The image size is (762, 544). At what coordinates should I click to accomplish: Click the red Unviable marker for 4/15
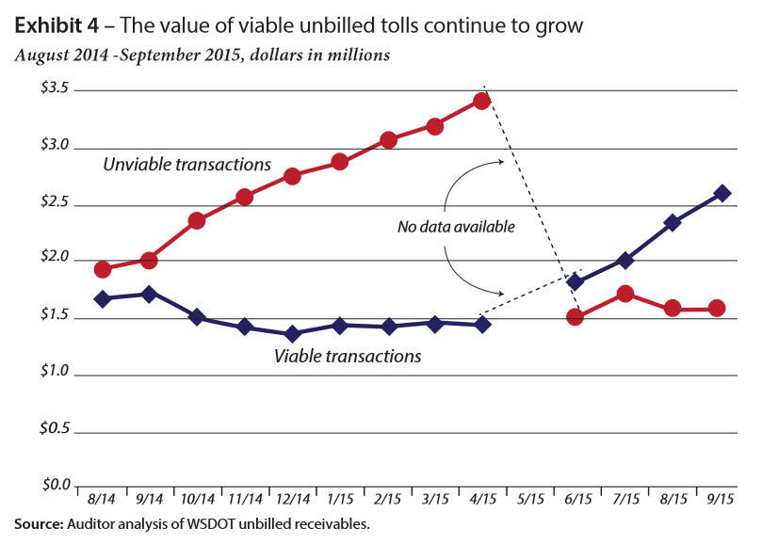coord(482,101)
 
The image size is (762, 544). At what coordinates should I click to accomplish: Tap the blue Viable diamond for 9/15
coord(722,193)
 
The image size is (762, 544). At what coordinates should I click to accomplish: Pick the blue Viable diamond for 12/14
coord(292,333)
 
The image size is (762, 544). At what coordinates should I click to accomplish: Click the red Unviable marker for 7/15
coord(625,295)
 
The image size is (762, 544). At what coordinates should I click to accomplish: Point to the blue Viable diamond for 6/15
coord(576,281)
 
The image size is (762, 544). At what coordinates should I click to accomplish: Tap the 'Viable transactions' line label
coord(347,357)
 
